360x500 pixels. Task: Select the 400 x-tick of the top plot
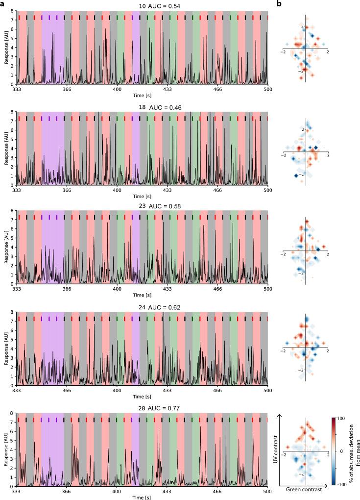pyautogui.click(x=117, y=89)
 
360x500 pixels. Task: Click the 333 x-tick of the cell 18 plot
pyautogui.click(x=17, y=189)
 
